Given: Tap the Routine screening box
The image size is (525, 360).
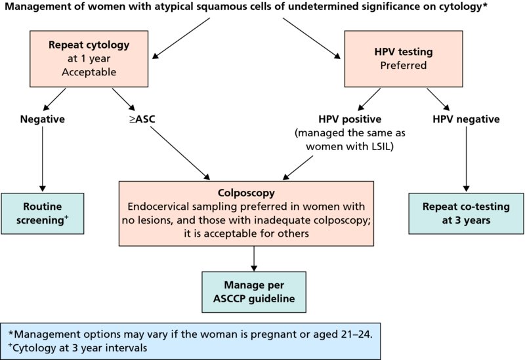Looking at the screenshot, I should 42,212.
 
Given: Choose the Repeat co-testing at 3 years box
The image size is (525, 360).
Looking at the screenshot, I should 467,212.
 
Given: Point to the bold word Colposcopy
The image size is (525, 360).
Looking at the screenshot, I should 253,194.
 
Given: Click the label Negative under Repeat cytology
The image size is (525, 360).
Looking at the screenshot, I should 41,119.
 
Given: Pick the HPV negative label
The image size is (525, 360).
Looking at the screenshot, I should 467,119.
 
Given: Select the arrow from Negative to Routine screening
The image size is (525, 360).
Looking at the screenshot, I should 42,157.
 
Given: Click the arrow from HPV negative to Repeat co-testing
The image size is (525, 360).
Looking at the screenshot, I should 467,157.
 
